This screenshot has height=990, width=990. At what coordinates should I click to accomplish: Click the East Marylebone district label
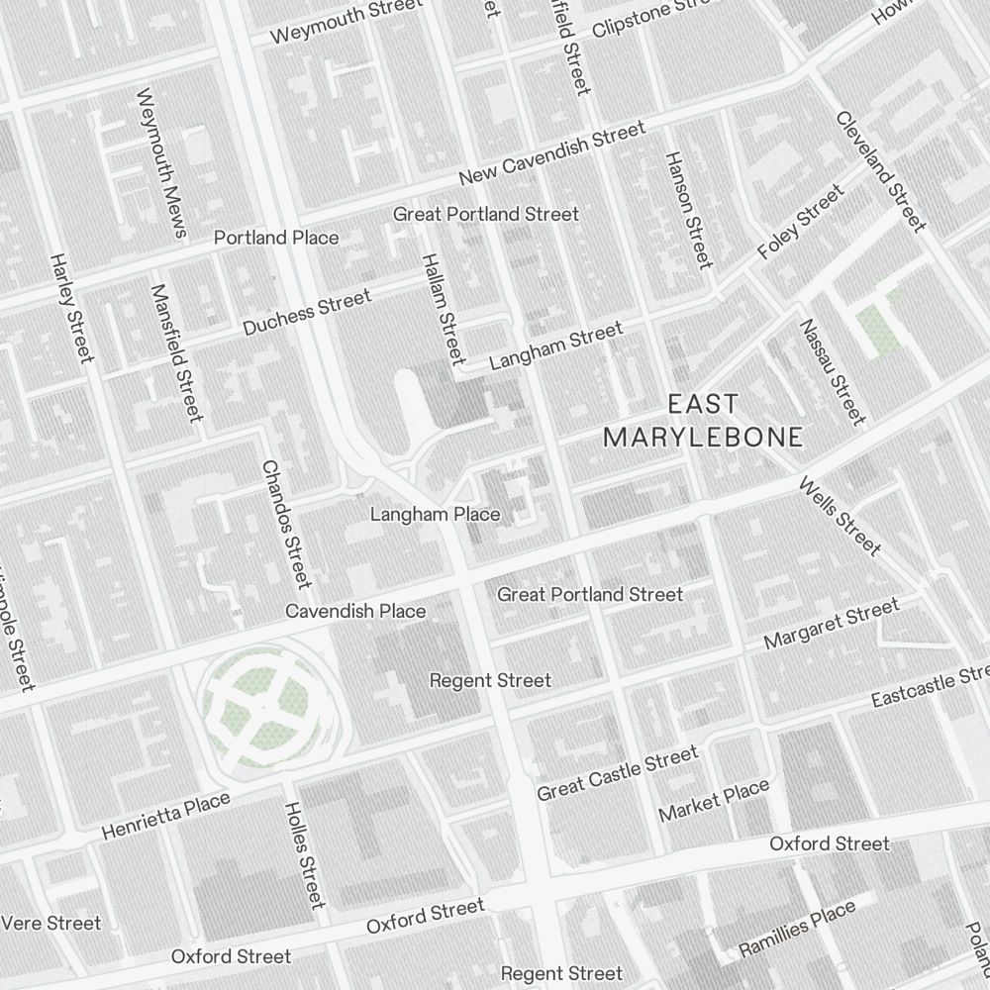[703, 421]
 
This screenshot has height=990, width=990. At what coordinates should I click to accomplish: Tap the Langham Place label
[435, 515]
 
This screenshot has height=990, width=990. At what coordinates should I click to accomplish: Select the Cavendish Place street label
[355, 611]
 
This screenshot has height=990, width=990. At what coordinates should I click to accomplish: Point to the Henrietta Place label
[166, 817]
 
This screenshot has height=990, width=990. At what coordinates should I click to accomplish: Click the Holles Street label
[304, 854]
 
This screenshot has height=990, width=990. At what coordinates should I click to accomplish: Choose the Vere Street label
[51, 923]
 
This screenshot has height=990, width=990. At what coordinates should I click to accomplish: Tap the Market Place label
[714, 801]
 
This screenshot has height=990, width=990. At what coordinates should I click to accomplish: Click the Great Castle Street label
[617, 774]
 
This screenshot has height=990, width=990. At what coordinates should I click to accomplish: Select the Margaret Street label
[832, 625]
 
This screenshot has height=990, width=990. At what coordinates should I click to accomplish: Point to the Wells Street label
[839, 517]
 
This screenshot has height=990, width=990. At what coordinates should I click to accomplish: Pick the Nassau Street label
[832, 370]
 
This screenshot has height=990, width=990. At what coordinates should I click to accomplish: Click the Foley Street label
[801, 223]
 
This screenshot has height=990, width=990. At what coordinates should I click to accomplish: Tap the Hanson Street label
[688, 210]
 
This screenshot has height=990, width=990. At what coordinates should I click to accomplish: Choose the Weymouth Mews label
[161, 164]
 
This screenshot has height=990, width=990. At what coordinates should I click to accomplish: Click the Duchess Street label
[307, 312]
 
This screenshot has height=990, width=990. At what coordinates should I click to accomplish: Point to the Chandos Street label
[286, 524]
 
